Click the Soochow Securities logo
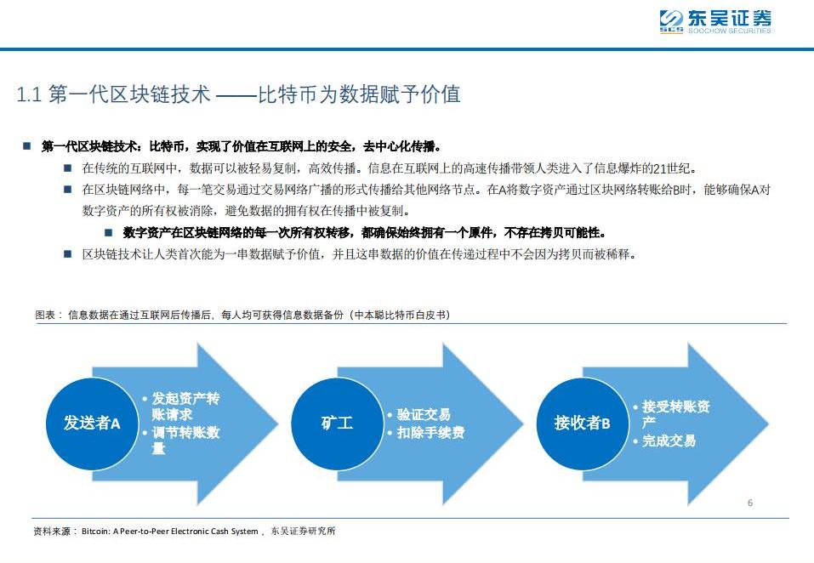(715, 21)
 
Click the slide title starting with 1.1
(239, 94)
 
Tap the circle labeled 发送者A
(92, 423)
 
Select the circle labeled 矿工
(337, 423)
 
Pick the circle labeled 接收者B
(582, 423)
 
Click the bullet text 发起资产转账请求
(185, 407)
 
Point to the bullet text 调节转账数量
(185, 440)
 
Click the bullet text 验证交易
(423, 415)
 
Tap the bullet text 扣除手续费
(430, 432)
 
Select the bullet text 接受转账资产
(675, 414)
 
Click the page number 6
(749, 503)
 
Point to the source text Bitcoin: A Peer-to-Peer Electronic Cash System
(169, 532)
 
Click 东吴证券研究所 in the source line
(303, 532)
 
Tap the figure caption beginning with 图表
(242, 315)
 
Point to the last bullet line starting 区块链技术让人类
(359, 253)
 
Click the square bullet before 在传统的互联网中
(67, 168)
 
